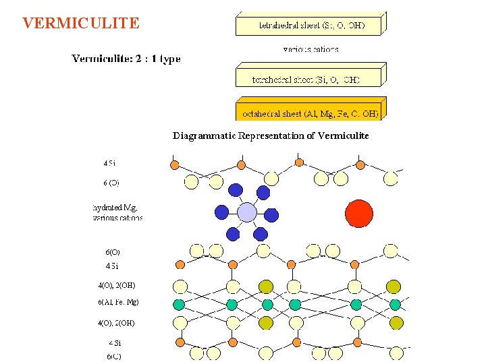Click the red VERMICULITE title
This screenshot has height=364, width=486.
(x=81, y=24)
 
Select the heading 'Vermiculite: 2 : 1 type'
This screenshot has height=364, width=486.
(x=126, y=59)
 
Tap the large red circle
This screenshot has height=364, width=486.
(x=358, y=214)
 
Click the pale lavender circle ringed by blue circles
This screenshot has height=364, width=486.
(x=247, y=212)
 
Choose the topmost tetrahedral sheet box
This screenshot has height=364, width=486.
(x=309, y=26)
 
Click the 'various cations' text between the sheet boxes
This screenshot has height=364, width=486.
(x=311, y=49)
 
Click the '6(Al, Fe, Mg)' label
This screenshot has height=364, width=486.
(x=119, y=302)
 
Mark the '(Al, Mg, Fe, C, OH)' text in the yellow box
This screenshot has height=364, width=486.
(x=341, y=114)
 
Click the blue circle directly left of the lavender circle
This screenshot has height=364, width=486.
(x=221, y=212)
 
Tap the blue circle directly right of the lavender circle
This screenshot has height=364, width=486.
(x=271, y=215)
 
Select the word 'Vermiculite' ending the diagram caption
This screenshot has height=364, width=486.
(x=343, y=135)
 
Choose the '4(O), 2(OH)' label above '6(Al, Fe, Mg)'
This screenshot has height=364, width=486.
(x=117, y=285)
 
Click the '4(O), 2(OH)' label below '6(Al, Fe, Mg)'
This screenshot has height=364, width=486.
(x=116, y=323)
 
